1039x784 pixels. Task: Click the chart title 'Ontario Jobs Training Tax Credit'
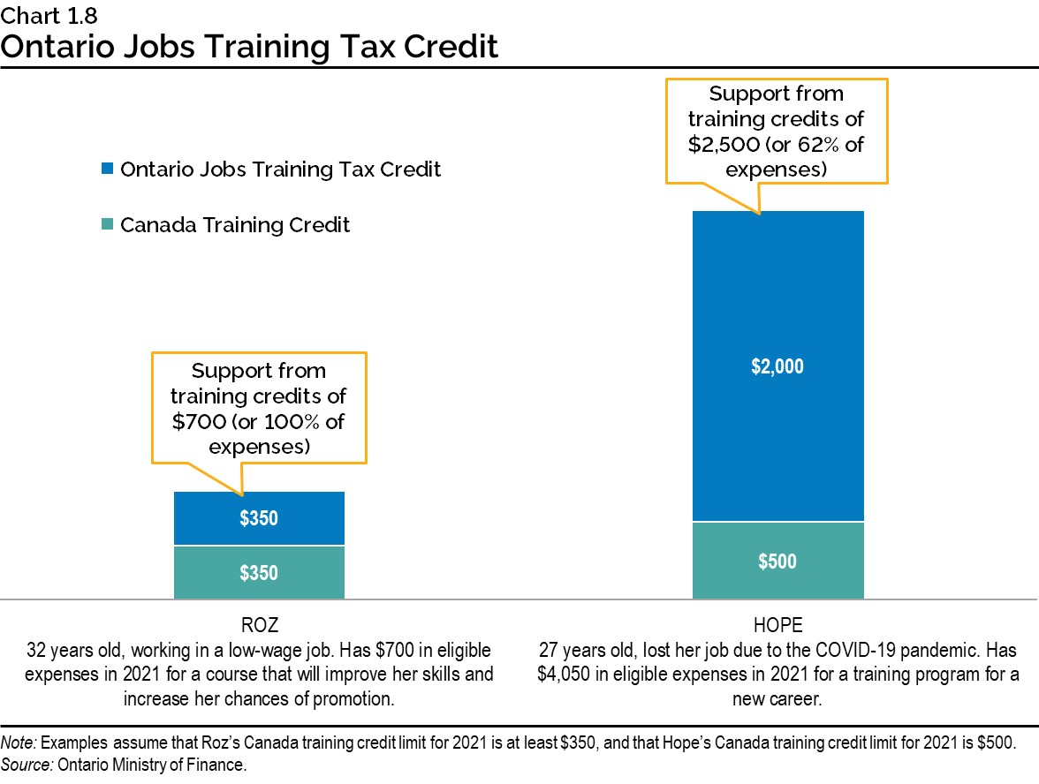(x=249, y=46)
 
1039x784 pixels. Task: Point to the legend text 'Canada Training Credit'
(x=235, y=225)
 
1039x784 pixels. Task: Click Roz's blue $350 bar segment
(x=259, y=518)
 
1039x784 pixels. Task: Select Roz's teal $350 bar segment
(x=259, y=572)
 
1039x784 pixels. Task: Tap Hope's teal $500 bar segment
(x=777, y=561)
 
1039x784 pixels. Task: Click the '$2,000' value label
(x=777, y=366)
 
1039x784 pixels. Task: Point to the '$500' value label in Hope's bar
(x=777, y=562)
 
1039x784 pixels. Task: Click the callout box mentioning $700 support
(x=259, y=409)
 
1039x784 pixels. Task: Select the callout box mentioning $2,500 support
(x=777, y=131)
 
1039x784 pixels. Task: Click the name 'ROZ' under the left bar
(x=259, y=626)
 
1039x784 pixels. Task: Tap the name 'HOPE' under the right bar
(x=777, y=626)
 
